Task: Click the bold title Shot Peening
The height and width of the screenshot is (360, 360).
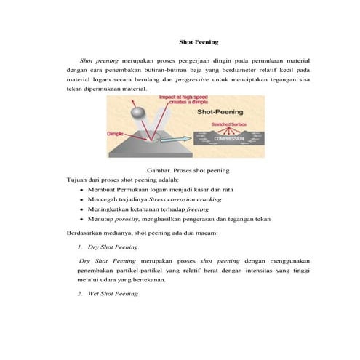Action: (199, 43)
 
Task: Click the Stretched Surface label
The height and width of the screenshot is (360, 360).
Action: (228, 124)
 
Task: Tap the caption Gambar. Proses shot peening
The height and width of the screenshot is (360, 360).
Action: (188, 170)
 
